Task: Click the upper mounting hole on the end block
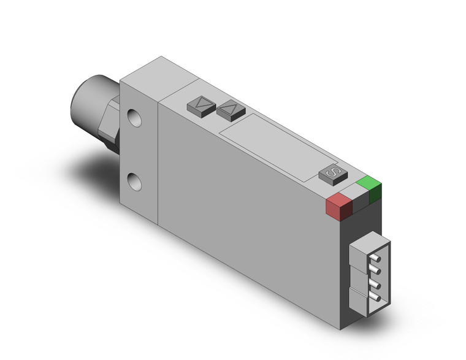(134, 117)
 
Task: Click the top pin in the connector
(373, 258)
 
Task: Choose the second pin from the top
(373, 272)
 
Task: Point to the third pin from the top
(373, 286)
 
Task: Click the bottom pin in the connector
(373, 299)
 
